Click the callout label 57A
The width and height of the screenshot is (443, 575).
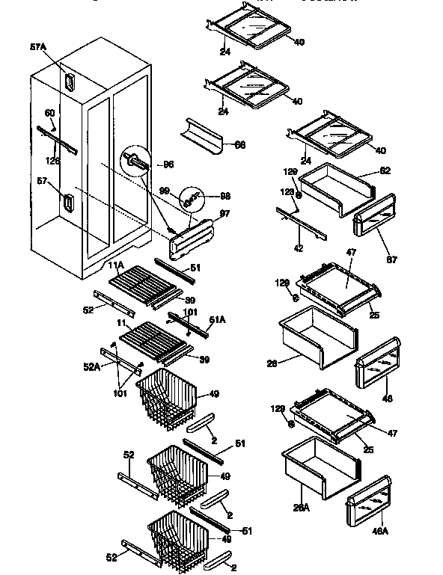tap(37, 46)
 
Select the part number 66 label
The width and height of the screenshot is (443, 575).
tap(240, 144)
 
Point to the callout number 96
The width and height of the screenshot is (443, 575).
tap(168, 164)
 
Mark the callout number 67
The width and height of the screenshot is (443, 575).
tap(392, 259)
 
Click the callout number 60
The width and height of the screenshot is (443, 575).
tap(49, 113)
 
